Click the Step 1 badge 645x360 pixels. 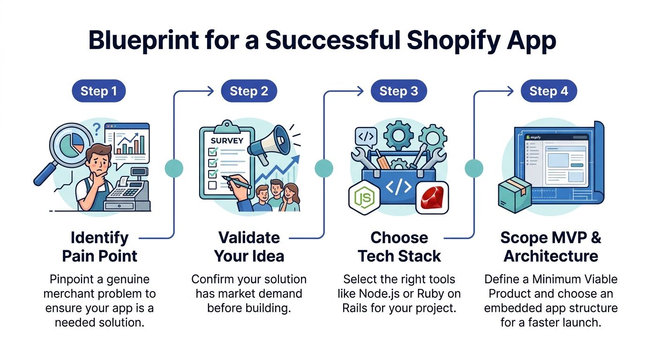click(98, 91)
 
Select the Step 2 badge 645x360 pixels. click(249, 91)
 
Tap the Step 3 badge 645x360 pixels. click(398, 91)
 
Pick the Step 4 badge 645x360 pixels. click(548, 91)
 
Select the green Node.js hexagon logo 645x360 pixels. click(364, 196)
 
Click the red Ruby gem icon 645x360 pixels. click(432, 197)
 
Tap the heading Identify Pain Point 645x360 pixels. click(100, 247)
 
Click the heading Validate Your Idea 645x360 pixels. click(249, 247)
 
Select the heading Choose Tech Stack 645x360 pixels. click(399, 247)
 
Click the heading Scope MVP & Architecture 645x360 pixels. click(550, 247)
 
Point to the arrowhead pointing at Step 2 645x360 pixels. click(211, 91)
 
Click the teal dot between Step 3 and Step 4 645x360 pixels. click(473, 168)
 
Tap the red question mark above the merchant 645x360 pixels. click(97, 128)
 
